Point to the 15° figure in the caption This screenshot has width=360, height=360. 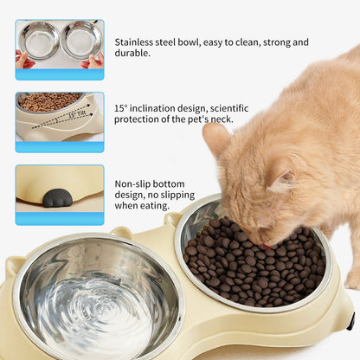122,108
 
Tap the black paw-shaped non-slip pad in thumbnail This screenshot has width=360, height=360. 57,198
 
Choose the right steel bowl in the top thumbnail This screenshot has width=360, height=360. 81,40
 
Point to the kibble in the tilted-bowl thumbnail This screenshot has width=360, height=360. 48,101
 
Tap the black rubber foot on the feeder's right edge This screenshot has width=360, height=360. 350,321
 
